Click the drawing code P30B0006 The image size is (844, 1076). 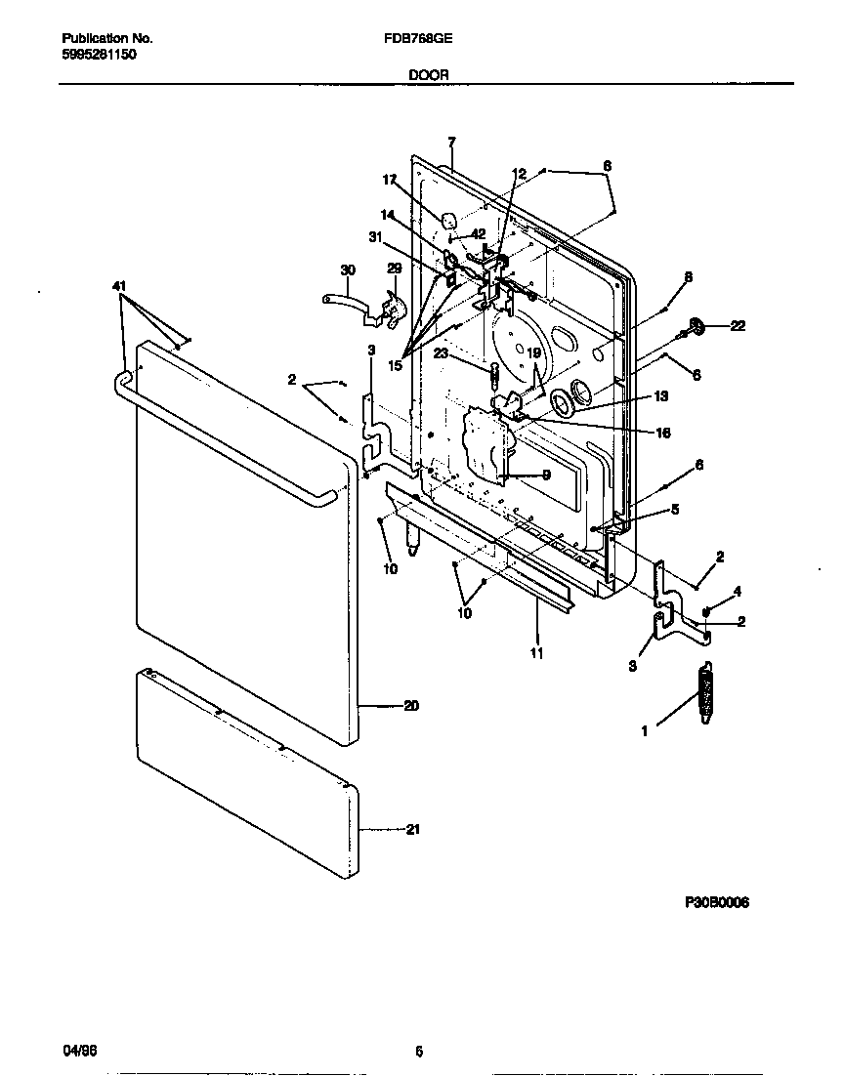[715, 904]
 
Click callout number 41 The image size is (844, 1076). [119, 285]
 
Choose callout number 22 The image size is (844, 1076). [738, 326]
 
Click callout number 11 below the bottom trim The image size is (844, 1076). [536, 652]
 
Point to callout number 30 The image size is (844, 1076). [347, 269]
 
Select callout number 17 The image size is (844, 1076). [390, 180]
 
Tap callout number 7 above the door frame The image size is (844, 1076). [451, 142]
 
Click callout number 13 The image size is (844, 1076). [662, 396]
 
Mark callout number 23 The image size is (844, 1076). [443, 355]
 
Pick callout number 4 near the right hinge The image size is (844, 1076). [738, 591]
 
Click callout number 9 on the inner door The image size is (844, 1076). [545, 475]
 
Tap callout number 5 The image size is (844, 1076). [675, 509]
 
